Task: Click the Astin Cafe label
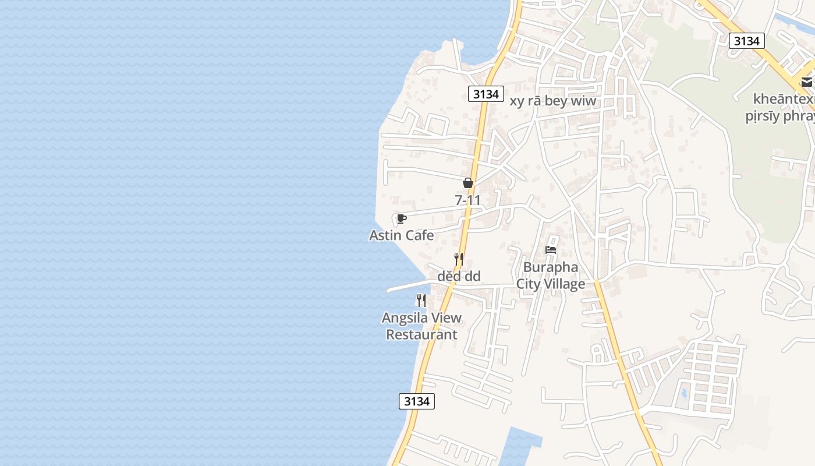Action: point(401,235)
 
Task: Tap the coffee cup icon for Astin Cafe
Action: point(401,219)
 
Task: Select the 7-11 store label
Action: point(467,200)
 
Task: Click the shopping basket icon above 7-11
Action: point(467,183)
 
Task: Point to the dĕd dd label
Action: point(459,276)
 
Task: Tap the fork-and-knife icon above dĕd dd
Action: point(459,259)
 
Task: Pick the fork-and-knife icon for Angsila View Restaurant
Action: point(421,301)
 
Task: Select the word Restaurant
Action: point(421,335)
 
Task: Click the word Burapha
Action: point(550,267)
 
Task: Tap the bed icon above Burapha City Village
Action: point(551,250)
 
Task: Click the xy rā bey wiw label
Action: point(553,101)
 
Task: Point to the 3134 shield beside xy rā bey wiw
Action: point(486,94)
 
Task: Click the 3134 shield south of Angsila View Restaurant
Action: point(417,401)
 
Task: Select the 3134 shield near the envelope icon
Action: point(746,41)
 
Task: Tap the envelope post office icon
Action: point(807,82)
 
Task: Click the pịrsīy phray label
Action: point(780,116)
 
